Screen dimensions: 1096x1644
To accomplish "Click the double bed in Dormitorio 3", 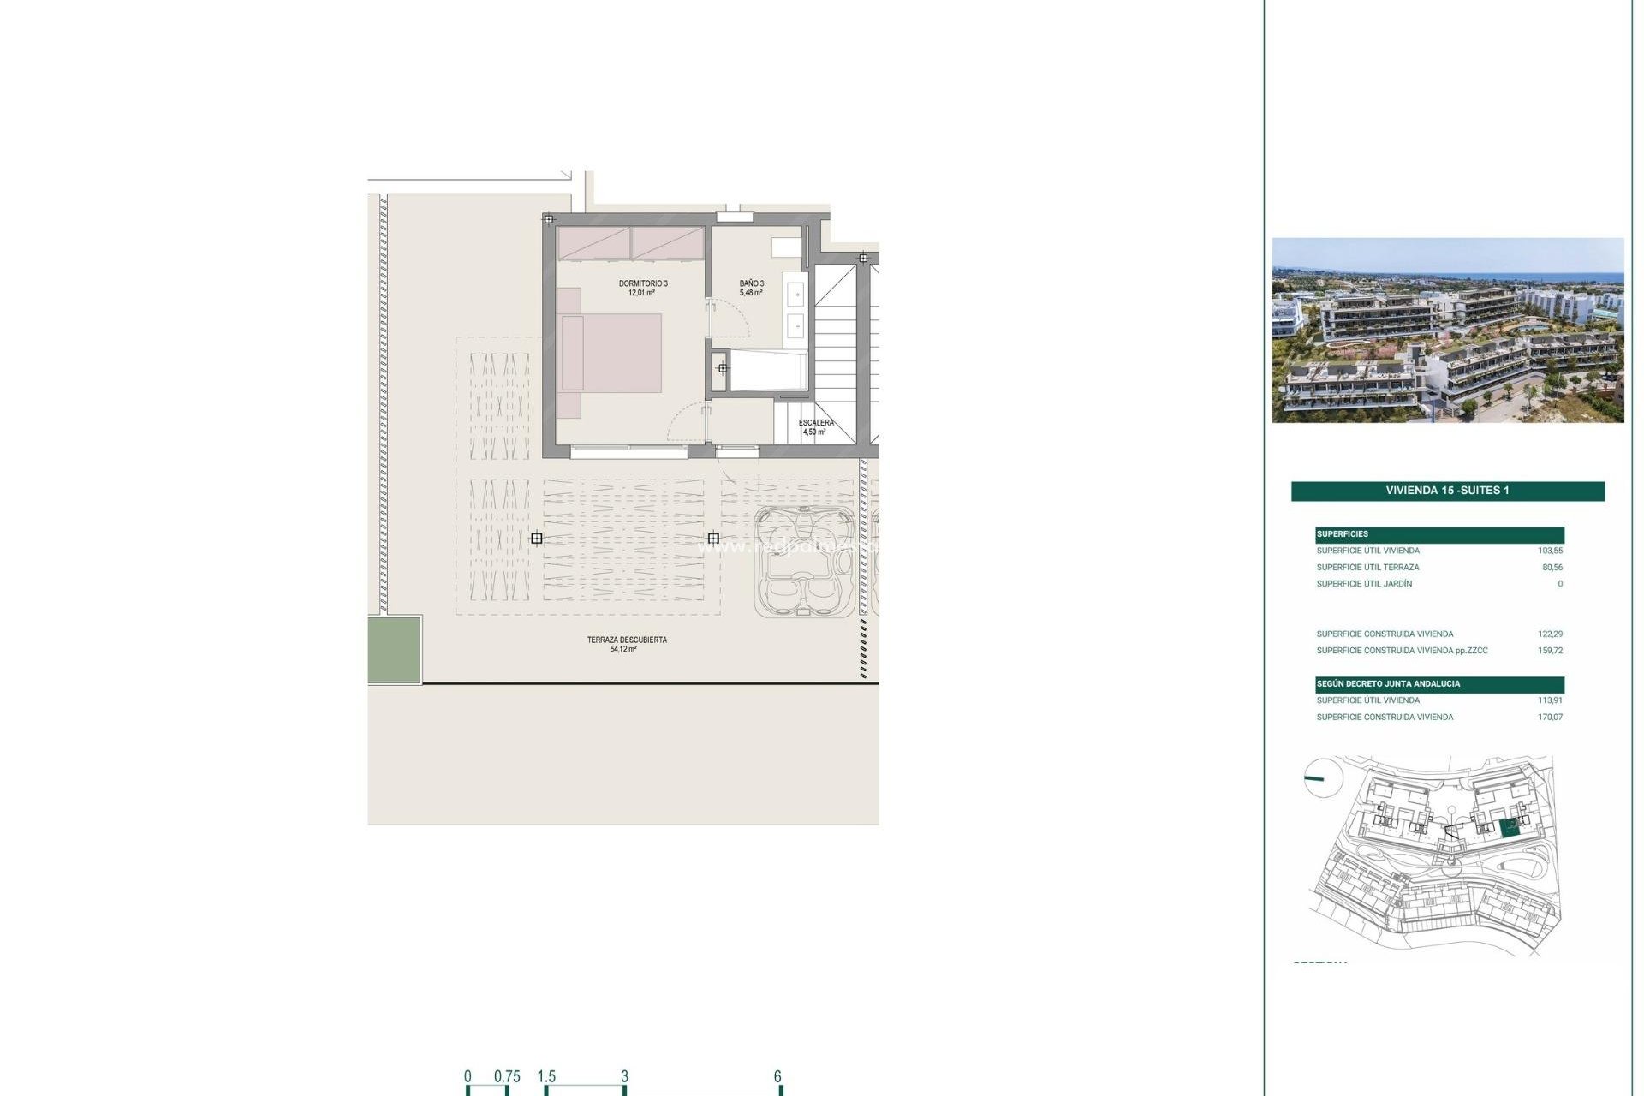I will [x=611, y=353].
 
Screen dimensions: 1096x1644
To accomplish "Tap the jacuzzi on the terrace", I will [x=804, y=562].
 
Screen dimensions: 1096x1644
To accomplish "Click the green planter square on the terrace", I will [x=395, y=650].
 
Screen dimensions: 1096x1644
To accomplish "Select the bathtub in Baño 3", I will [x=767, y=371].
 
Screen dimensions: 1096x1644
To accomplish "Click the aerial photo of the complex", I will [x=1447, y=331].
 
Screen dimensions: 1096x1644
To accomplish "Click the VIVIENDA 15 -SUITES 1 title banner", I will [x=1447, y=491].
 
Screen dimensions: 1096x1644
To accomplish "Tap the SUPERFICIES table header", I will [x=1343, y=534].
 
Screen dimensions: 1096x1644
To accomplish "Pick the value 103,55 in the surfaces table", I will [x=1550, y=551].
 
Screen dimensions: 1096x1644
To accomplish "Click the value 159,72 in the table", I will [x=1550, y=651].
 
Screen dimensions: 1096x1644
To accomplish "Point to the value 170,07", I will [x=1550, y=718].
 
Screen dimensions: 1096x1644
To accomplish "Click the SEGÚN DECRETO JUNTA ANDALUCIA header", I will [x=1388, y=684].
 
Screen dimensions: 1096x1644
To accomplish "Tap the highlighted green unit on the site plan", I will [x=1509, y=827].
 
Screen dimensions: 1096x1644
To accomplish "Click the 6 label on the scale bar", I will [x=777, y=1076].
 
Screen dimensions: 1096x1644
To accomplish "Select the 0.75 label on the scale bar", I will [x=507, y=1076].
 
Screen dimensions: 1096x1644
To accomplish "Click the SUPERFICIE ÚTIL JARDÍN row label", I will [x=1364, y=584].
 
